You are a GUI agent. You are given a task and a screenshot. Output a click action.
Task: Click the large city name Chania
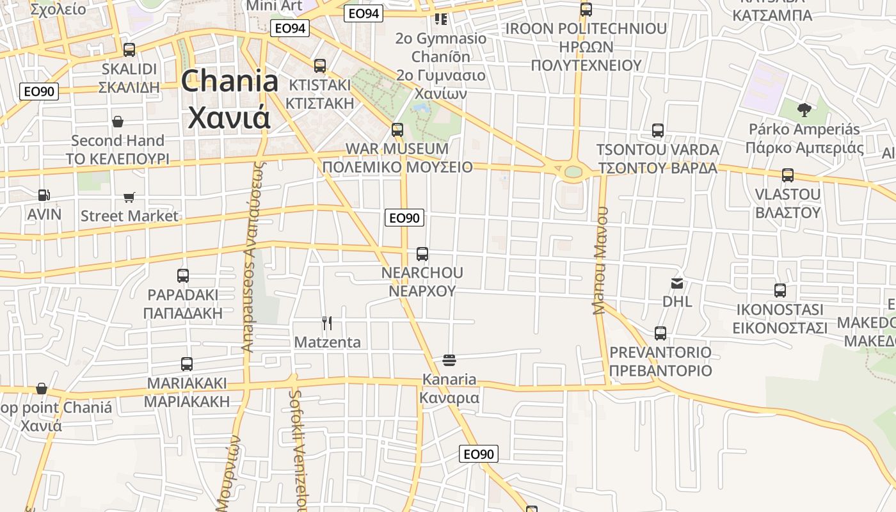pos(230,82)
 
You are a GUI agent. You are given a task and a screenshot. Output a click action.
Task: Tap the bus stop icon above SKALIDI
pos(129,50)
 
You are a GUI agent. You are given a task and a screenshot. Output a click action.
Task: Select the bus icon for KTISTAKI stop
pos(320,65)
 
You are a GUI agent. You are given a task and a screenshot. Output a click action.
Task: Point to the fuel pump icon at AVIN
pos(44,195)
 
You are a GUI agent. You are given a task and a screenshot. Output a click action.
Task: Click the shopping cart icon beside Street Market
pos(129,197)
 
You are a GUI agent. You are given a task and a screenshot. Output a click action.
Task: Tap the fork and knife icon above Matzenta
pos(327,323)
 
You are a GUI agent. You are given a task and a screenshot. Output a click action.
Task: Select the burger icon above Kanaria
pos(449,360)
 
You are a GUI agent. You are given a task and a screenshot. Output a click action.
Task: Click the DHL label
pos(677,301)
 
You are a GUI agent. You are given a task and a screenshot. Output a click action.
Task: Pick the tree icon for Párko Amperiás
pos(804,110)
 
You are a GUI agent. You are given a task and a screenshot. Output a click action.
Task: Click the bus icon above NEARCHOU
pos(422,254)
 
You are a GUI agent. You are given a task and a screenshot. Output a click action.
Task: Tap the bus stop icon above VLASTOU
pos(788,175)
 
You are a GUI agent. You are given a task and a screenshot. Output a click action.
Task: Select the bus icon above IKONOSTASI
pos(780,291)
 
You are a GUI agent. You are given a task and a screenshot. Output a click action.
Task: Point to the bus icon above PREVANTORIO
pos(660,333)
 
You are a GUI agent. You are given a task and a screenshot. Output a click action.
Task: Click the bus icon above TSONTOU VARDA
pos(658,131)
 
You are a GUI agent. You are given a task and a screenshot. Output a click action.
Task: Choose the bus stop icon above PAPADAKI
pos(183,276)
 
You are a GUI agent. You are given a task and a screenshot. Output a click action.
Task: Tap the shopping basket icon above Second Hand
pos(118,122)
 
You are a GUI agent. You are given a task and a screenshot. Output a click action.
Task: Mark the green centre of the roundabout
pos(573,172)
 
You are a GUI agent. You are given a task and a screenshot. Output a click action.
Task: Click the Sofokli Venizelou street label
pos(298,448)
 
